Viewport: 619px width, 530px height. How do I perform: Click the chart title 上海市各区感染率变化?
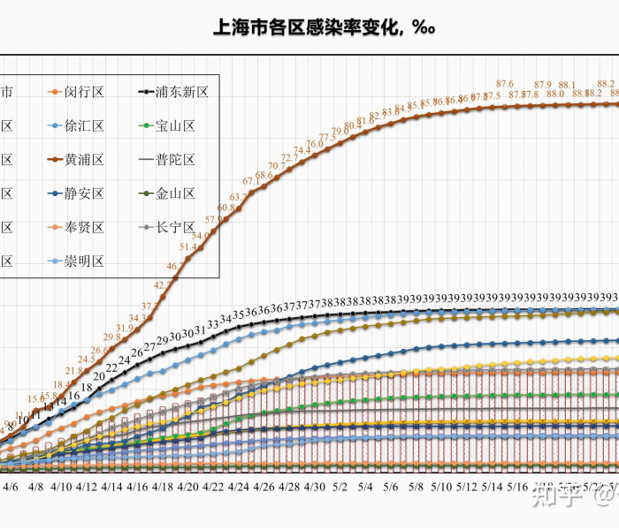coord(324,27)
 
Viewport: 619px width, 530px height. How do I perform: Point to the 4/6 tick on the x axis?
coord(11,486)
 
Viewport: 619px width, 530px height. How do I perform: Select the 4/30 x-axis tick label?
coord(315,486)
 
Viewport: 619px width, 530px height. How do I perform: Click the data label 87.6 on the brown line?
coord(505,84)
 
